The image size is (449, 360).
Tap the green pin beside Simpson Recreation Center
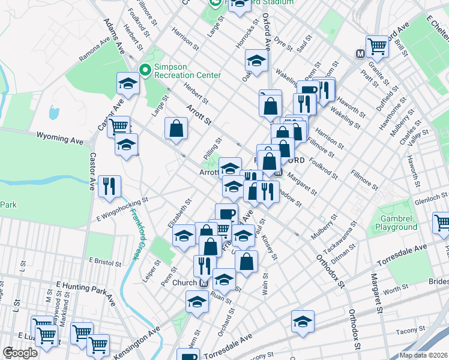[x=145, y=71]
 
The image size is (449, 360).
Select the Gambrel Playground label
[x=396, y=223]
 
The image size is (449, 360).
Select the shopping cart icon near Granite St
[x=378, y=46]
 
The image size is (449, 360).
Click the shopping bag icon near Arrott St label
[x=176, y=128]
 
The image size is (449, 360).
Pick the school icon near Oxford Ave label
[x=256, y=62]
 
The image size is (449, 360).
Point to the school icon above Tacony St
[x=303, y=322]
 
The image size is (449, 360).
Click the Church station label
[x=185, y=283]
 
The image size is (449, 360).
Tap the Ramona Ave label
[x=97, y=50]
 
